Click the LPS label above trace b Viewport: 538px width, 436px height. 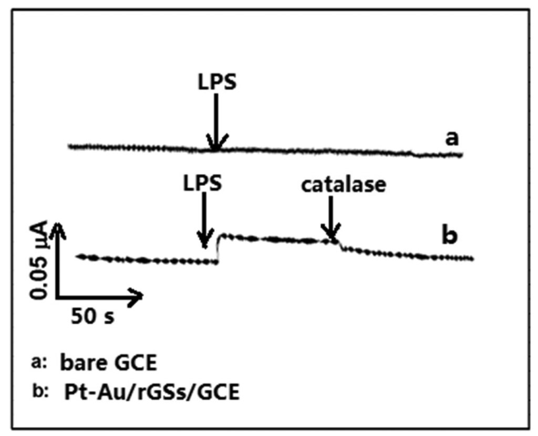pyautogui.click(x=203, y=183)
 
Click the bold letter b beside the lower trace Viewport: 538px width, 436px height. pyautogui.click(x=449, y=236)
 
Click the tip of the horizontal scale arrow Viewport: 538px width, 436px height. pyautogui.click(x=142, y=297)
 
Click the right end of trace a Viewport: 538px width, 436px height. pyautogui.click(x=461, y=154)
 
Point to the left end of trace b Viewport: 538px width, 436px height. pyautogui.click(x=78, y=256)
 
